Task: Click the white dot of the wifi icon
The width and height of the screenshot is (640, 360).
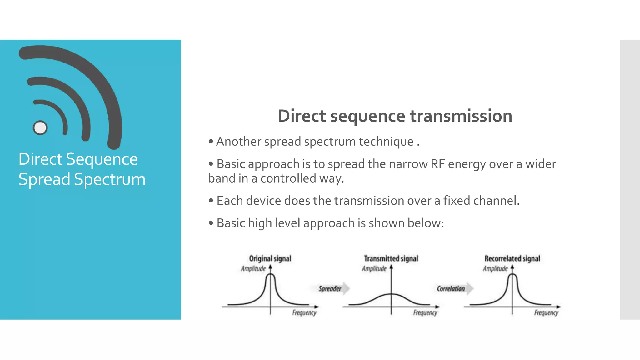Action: tap(40, 127)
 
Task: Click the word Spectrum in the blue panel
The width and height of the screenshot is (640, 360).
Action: tap(110, 179)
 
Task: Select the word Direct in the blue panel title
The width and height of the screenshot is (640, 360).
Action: tap(40, 159)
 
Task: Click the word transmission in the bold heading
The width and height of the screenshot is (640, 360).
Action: tap(461, 116)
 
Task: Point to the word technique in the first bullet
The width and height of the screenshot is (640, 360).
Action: tap(386, 142)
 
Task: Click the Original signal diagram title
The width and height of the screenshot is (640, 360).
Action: tap(270, 258)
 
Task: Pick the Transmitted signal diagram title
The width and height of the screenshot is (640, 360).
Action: tap(391, 258)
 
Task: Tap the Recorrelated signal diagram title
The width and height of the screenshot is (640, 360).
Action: tap(512, 258)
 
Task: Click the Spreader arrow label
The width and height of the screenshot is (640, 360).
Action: tap(330, 288)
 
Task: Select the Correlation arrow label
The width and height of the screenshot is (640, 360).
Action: tap(451, 288)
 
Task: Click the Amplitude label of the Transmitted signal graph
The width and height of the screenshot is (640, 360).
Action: tap(374, 268)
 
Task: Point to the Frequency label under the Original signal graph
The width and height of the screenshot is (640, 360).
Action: tap(304, 312)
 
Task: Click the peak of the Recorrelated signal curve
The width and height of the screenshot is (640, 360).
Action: tap(512, 275)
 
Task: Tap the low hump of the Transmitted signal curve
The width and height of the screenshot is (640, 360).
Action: tap(391, 294)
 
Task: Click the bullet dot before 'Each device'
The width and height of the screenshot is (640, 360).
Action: tap(211, 200)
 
